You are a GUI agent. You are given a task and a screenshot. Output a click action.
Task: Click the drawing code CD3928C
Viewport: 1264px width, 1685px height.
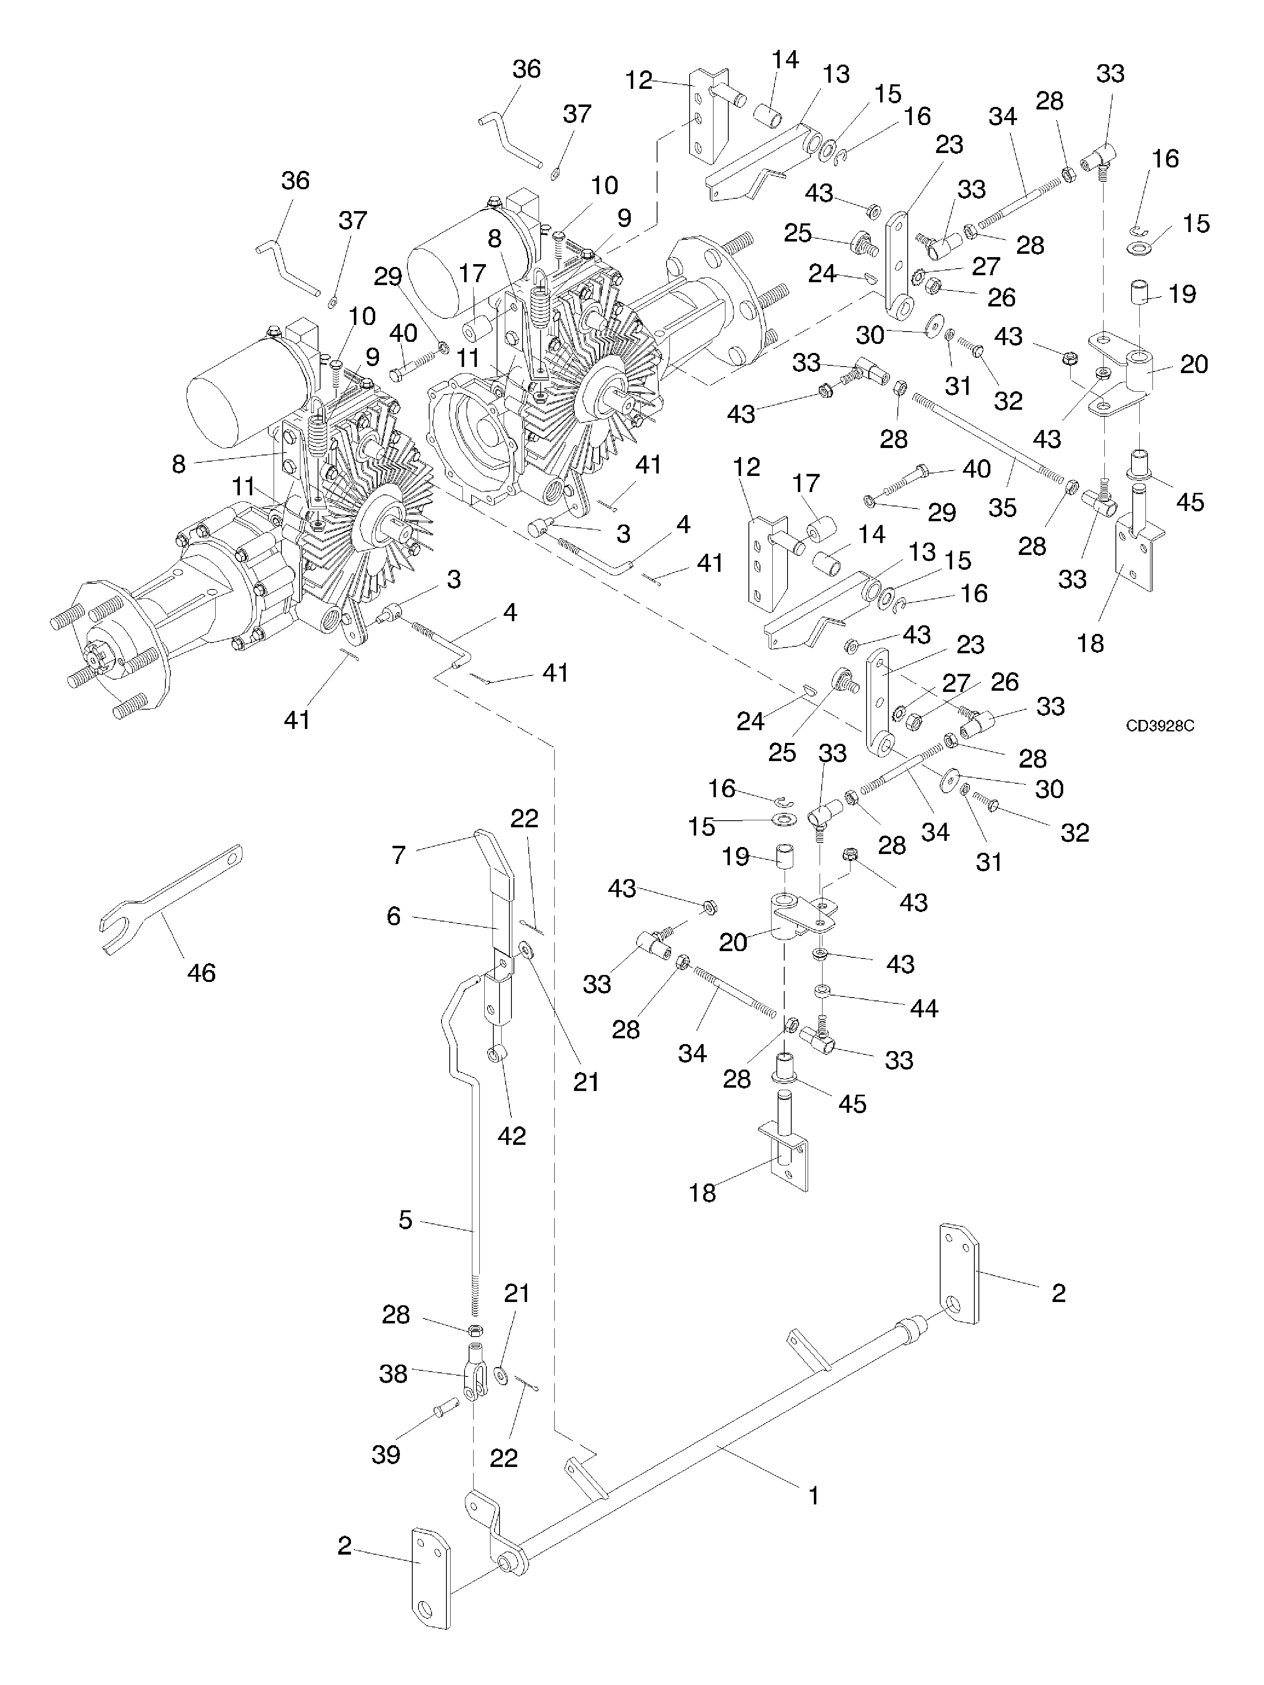(1159, 726)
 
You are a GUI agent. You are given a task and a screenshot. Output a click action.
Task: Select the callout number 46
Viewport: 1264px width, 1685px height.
(201, 973)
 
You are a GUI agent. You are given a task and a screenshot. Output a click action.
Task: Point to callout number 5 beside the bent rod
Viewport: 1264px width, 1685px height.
(405, 1220)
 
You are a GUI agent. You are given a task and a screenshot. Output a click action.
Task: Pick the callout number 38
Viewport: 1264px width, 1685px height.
(393, 1374)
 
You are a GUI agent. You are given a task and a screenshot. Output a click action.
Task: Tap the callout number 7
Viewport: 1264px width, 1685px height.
(398, 855)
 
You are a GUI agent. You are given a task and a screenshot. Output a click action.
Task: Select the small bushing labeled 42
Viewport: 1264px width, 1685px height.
(497, 1055)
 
